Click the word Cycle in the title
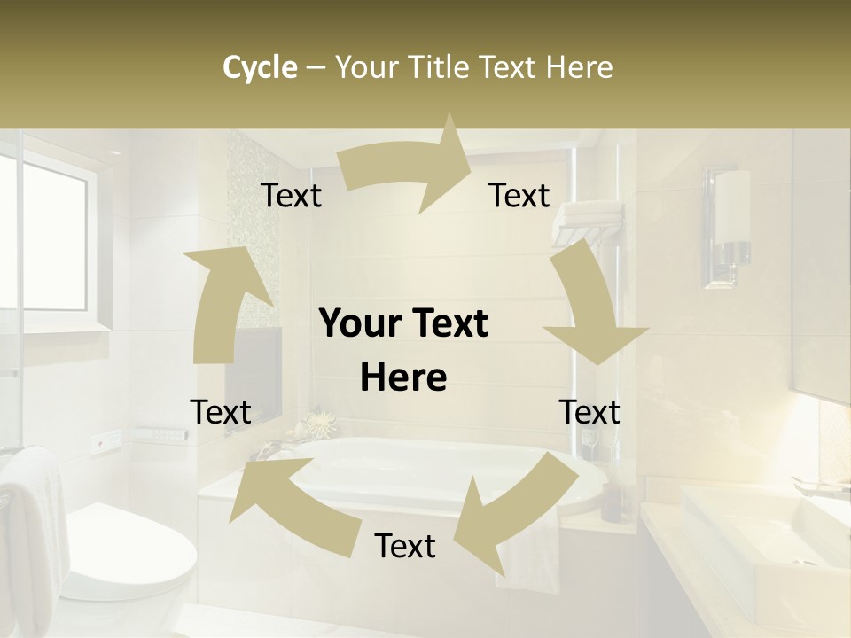260,67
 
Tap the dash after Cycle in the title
316,68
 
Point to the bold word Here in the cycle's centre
403,378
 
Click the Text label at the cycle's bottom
405,547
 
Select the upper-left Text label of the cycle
291,196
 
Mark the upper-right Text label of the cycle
519,196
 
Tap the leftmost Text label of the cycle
221,412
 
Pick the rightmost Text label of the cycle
589,412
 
